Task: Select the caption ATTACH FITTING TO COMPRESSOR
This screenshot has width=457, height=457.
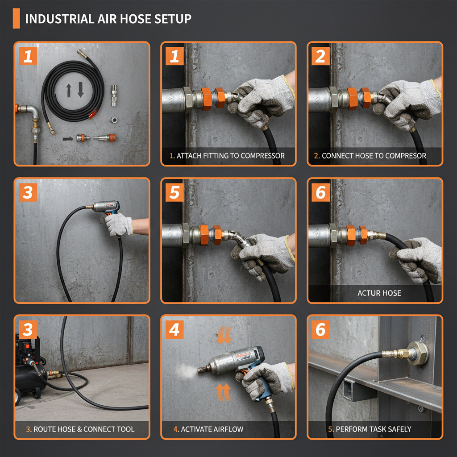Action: coord(230,156)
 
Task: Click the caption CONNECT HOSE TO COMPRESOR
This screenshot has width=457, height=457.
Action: coord(374,156)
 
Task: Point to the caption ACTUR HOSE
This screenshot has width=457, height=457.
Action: coord(379,293)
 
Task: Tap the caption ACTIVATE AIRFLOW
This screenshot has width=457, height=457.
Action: coord(208,429)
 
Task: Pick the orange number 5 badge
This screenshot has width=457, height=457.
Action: coord(174,192)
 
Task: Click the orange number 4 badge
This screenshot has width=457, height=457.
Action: coord(174,329)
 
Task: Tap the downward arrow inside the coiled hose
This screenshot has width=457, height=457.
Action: coord(81,90)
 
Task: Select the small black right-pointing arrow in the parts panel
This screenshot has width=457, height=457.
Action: coord(67,139)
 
